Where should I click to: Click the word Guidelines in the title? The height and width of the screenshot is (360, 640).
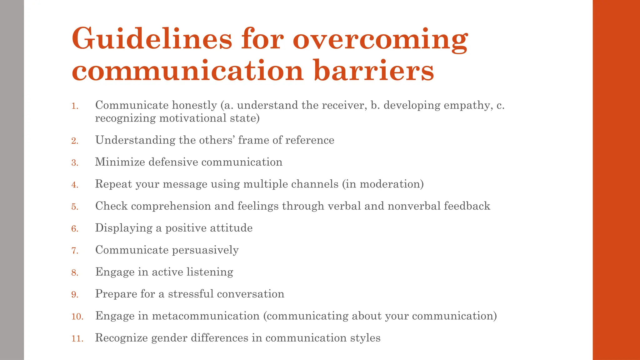click(x=152, y=39)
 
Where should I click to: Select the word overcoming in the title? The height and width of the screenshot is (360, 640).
click(x=380, y=39)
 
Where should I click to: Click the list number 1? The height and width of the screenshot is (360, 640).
click(x=75, y=106)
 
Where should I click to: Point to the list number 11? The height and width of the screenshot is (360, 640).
click(x=77, y=339)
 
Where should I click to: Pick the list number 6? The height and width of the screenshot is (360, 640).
click(x=75, y=229)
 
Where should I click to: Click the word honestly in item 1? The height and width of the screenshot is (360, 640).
click(x=194, y=105)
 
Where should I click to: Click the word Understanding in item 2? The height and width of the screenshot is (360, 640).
click(x=135, y=140)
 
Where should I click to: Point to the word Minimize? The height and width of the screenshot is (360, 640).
click(x=120, y=162)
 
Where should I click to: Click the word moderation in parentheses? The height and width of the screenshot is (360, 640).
click(x=390, y=184)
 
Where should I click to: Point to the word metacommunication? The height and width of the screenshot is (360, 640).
click(x=206, y=316)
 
